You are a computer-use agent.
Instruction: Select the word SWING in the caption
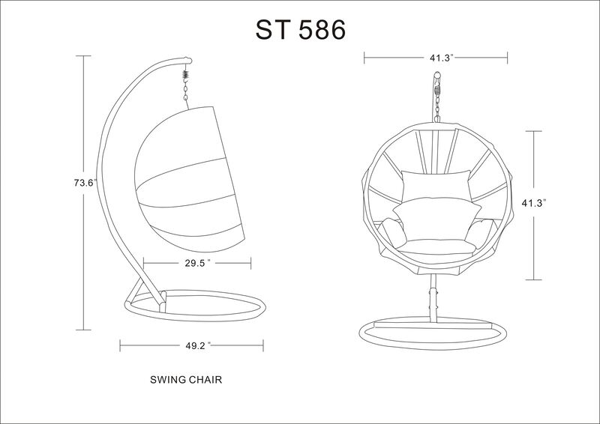[166, 380]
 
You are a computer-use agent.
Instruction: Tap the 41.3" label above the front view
[435, 57]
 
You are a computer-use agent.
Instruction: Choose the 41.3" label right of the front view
[533, 203]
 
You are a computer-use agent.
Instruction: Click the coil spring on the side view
[184, 78]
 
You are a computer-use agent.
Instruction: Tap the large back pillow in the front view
[434, 187]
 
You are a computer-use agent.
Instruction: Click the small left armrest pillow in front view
[392, 228]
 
